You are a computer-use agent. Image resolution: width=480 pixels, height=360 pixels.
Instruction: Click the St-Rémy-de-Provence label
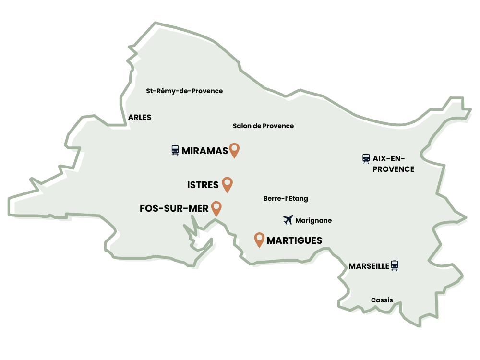184,91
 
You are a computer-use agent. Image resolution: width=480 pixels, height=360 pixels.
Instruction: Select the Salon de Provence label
263,126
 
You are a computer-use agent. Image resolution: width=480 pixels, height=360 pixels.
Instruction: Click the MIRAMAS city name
204,151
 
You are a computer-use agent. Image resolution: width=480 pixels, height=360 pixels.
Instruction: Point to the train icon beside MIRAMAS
175,150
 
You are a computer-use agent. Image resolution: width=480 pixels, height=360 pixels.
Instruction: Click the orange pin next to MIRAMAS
234,150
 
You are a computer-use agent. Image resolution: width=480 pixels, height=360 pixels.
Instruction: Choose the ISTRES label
203,185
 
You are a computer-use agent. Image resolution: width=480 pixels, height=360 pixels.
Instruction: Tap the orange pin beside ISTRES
227,184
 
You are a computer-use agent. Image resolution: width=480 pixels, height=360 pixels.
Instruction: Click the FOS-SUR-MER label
174,208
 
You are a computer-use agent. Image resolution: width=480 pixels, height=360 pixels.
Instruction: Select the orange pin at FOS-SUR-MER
217,207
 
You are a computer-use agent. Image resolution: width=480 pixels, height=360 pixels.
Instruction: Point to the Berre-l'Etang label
286,198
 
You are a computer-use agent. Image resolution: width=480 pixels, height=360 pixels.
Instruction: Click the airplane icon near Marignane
288,220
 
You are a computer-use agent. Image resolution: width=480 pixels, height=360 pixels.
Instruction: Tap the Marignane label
313,221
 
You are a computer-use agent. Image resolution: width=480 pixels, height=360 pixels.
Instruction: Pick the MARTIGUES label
294,240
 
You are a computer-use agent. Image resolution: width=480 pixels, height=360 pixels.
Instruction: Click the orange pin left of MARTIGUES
259,239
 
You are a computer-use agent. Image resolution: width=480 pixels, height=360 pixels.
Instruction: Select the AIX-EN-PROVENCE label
393,164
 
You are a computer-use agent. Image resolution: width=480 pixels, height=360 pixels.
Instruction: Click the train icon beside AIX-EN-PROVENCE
366,158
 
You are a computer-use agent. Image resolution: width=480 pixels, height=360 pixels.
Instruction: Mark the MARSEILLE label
369,266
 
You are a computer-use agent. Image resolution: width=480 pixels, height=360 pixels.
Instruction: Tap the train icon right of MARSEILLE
395,265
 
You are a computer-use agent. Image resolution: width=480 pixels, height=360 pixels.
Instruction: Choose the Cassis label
382,300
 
